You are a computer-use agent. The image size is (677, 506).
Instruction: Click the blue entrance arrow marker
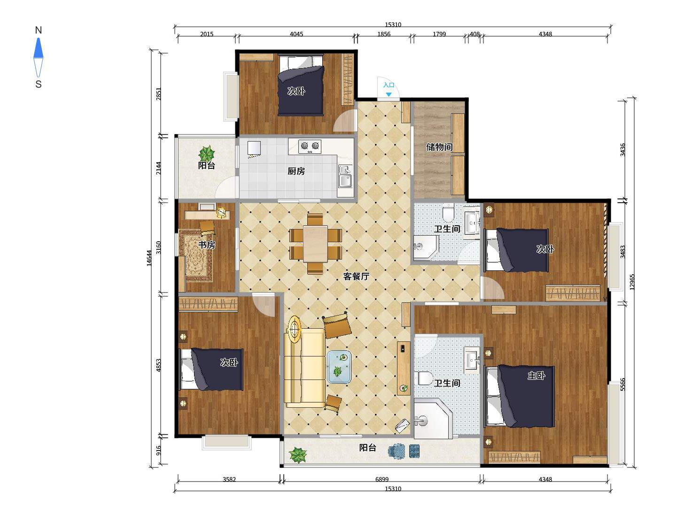pyautogui.click(x=389, y=95)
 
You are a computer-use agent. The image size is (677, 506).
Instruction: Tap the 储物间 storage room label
pyautogui.click(x=439, y=147)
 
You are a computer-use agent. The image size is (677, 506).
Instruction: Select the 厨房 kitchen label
pyautogui.click(x=296, y=171)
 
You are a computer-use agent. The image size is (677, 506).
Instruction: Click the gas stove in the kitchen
pyautogui.click(x=310, y=146)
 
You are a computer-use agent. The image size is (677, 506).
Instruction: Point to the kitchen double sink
pyautogui.click(x=345, y=177)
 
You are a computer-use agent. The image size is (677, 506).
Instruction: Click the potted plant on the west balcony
pyautogui.click(x=207, y=153)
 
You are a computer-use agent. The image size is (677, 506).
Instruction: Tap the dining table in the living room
pyautogui.click(x=315, y=244)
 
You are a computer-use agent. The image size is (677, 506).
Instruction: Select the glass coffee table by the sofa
pyautogui.click(x=339, y=367)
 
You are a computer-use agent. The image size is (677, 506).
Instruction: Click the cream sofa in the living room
pyautogui.click(x=304, y=367)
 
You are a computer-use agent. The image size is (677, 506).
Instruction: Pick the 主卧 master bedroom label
pyautogui.click(x=536, y=375)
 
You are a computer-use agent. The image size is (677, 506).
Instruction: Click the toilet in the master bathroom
pyautogui.click(x=425, y=378)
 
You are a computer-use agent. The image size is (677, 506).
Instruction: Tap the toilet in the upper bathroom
pyautogui.click(x=448, y=213)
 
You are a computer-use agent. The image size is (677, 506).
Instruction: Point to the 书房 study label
pyautogui.click(x=207, y=245)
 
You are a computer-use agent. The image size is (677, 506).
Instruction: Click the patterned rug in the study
pyautogui.click(x=196, y=255)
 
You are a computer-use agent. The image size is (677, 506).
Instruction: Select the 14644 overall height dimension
pyautogui.click(x=149, y=258)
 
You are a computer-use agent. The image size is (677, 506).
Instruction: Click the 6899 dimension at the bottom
pyautogui.click(x=382, y=479)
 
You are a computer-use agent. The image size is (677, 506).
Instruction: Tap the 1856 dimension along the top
pyautogui.click(x=384, y=34)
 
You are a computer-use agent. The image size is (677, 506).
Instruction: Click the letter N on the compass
pyautogui.click(x=38, y=30)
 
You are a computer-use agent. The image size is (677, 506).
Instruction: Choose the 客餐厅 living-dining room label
pyautogui.click(x=356, y=277)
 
